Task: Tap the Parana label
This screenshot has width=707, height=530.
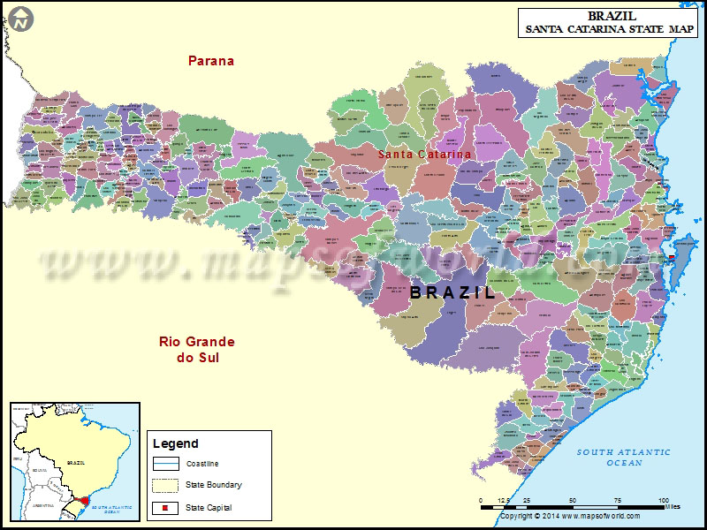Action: click(x=211, y=61)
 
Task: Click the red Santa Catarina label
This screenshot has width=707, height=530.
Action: click(x=424, y=155)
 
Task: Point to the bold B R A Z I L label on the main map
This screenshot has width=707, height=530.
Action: click(x=452, y=292)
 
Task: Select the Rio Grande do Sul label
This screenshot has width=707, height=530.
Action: click(x=197, y=350)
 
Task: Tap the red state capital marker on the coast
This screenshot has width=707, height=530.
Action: click(x=672, y=257)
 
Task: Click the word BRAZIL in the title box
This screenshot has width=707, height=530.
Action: click(x=612, y=16)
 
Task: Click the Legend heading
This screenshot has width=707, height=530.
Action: click(x=176, y=443)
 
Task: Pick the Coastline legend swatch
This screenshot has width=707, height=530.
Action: click(x=166, y=464)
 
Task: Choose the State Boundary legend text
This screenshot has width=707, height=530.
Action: click(x=214, y=485)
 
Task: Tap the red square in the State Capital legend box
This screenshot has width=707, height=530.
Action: click(x=166, y=508)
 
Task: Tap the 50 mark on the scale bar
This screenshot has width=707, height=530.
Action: click(x=573, y=500)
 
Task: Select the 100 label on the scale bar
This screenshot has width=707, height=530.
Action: click(x=664, y=500)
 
